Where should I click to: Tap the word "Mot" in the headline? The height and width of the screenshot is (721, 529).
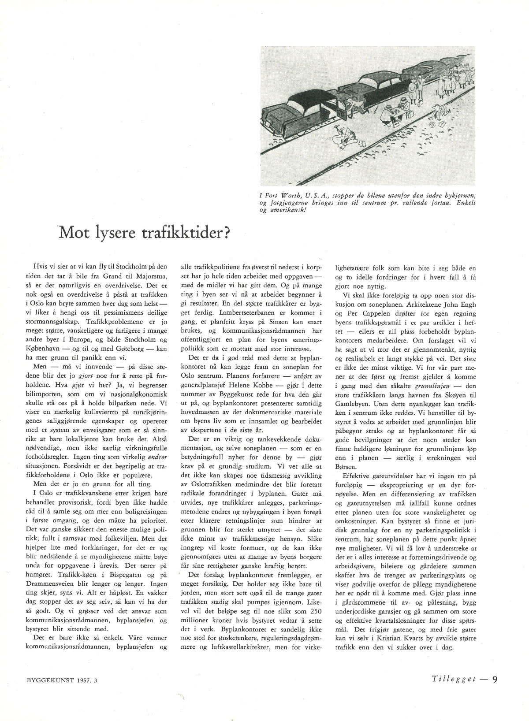(x=75, y=232)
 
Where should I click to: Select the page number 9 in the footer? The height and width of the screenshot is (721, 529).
(x=495, y=679)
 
